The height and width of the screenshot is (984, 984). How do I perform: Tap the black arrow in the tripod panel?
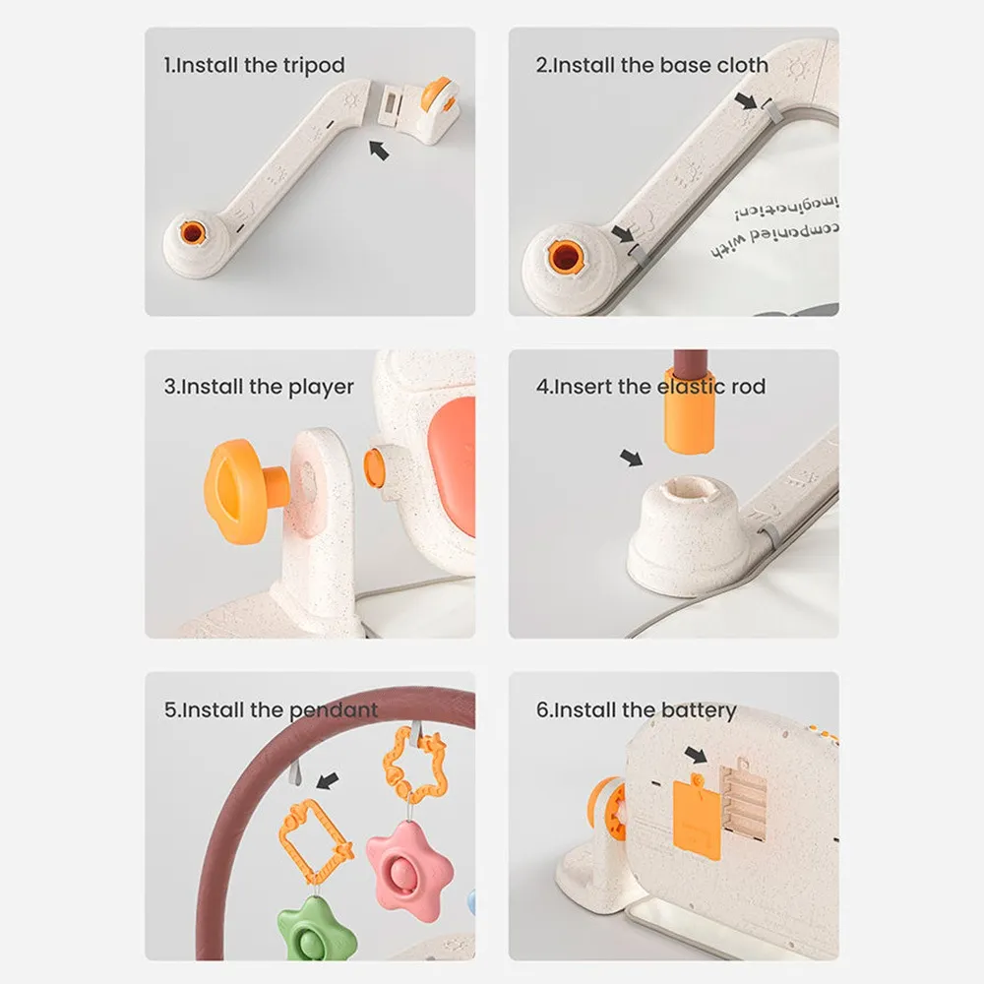pos(377,149)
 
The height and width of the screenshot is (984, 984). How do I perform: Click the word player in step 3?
pos(321,387)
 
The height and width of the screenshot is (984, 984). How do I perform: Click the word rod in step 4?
pos(749,387)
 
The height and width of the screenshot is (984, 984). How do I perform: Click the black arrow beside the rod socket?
pos(631,458)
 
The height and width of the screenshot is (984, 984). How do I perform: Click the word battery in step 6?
pos(698,709)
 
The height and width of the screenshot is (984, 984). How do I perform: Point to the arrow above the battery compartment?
pos(696,755)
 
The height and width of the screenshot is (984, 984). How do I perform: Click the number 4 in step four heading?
pos(542,387)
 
